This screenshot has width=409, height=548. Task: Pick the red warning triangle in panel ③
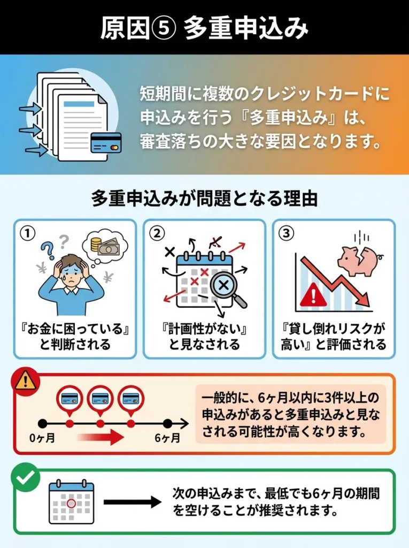click(313, 295)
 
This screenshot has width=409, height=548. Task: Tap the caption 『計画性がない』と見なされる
click(204, 336)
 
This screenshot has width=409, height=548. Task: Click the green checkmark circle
click(25, 478)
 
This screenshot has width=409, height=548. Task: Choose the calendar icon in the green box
click(71, 502)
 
